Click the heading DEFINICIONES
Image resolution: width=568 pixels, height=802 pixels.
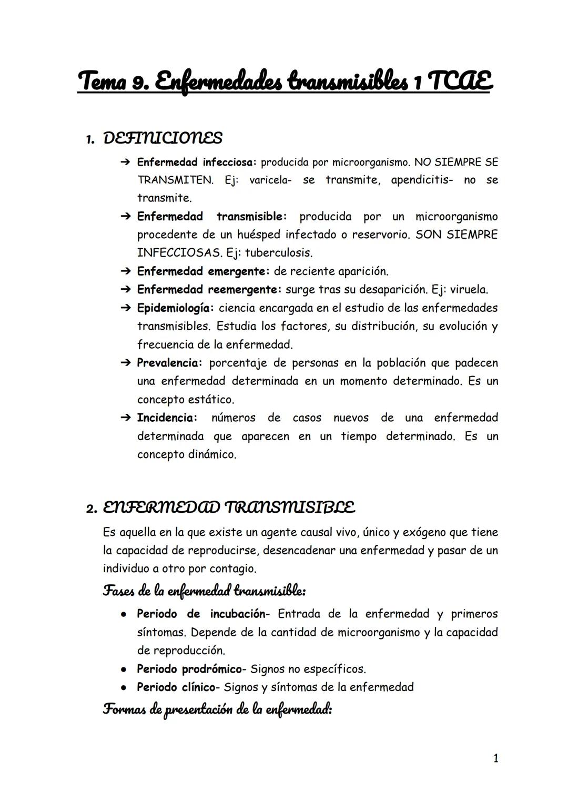(163, 138)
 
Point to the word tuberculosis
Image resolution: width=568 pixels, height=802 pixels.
(279, 253)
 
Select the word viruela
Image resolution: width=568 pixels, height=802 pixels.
(469, 290)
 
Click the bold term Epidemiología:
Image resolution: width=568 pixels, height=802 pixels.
(175, 308)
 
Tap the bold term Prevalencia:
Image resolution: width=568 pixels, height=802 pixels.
(169, 363)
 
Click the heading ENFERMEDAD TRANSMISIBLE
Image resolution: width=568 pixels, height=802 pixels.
(229, 508)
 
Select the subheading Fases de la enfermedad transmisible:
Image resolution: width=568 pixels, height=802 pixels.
(204, 591)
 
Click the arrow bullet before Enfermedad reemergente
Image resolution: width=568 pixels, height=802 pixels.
(125, 290)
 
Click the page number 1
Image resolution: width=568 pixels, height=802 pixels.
(495, 758)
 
